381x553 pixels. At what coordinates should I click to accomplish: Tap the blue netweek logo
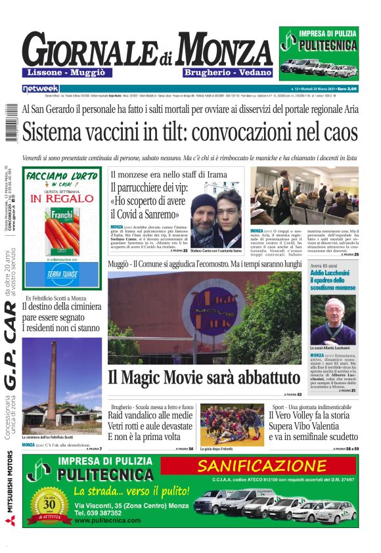click(x=40, y=88)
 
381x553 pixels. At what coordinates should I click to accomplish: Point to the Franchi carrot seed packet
click(x=62, y=230)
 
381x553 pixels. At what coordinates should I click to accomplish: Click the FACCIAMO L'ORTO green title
click(x=62, y=177)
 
